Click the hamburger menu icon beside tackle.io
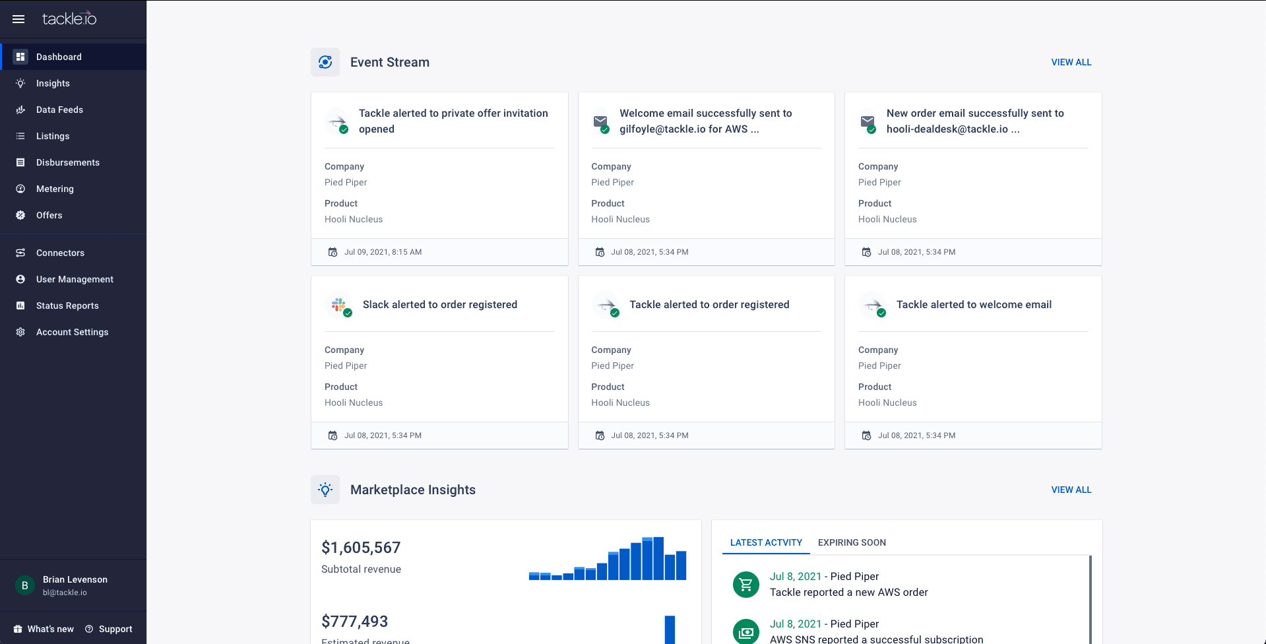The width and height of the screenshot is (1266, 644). [18, 19]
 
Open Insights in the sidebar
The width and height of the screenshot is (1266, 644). [53, 83]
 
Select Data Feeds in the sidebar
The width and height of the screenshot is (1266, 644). [59, 110]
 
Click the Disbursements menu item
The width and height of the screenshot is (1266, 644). [67, 162]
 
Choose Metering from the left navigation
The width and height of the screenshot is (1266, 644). [55, 189]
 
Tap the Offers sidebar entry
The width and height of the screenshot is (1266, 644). [49, 215]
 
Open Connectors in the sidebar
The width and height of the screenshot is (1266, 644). [60, 253]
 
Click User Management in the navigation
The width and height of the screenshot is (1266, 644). [75, 279]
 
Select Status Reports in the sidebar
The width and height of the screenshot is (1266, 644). [67, 306]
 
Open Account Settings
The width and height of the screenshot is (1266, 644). [72, 332]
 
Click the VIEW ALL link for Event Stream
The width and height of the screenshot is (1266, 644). [1071, 62]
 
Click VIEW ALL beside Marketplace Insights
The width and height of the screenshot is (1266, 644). [1071, 490]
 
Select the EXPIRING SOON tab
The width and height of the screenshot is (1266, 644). [852, 542]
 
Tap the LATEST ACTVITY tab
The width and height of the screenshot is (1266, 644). [766, 542]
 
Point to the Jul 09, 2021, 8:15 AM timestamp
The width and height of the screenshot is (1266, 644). [383, 252]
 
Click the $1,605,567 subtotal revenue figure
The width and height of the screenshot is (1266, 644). [361, 548]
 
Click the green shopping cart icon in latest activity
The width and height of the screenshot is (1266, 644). [746, 585]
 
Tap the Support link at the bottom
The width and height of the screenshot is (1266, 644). [115, 629]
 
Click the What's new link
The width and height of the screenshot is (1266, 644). [50, 629]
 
